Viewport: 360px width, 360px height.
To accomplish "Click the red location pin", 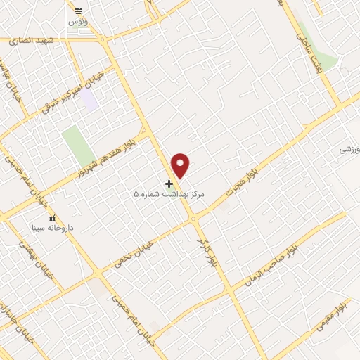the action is (x=181, y=165).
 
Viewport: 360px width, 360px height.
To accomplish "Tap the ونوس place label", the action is (x=78, y=22).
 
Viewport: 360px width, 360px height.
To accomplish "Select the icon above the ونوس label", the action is (x=78, y=11).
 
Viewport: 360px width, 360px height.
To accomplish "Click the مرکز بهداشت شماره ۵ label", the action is (x=169, y=193).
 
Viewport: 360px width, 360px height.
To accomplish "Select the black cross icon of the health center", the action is (x=169, y=184).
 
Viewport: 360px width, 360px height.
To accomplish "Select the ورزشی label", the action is (x=349, y=150).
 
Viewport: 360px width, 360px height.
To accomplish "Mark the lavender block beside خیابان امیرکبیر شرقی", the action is (x=89, y=99).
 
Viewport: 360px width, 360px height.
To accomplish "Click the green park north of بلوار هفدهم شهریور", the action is (x=78, y=144).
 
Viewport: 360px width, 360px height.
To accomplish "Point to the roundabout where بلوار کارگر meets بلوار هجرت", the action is (x=193, y=219).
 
